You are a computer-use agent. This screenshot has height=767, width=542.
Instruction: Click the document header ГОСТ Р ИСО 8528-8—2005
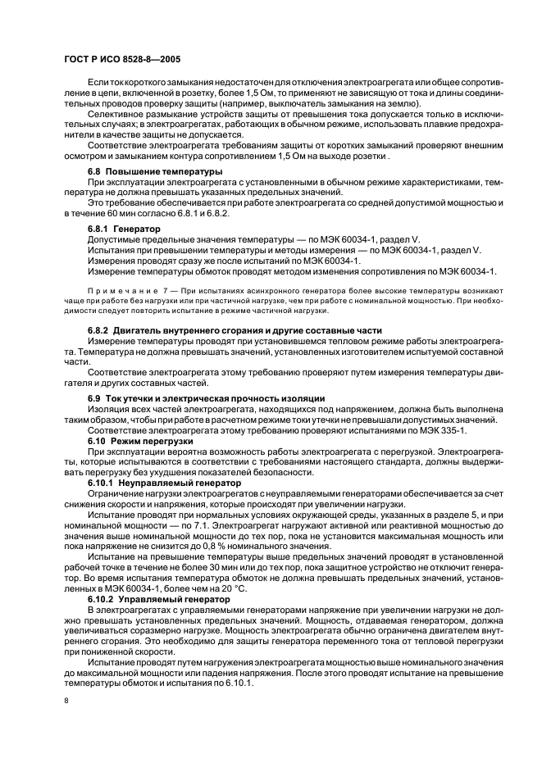pyautogui.click(x=122, y=61)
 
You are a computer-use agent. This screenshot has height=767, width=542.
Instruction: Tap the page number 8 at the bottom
pyautogui.click(x=66, y=701)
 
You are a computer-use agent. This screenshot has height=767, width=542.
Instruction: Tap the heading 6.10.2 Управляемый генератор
pyautogui.click(x=153, y=599)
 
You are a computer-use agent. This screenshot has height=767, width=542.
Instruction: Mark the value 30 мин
pyautogui.click(x=230, y=568)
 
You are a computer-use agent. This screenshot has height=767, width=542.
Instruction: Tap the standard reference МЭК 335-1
pyautogui.click(x=462, y=429)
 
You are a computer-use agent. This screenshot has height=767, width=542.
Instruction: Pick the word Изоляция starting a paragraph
pyautogui.click(x=111, y=408)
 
